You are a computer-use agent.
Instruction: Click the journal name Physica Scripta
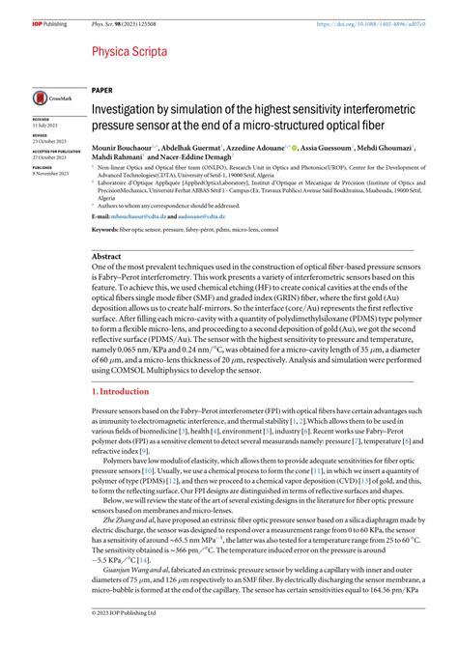131,51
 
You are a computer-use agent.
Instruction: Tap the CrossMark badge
48,98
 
